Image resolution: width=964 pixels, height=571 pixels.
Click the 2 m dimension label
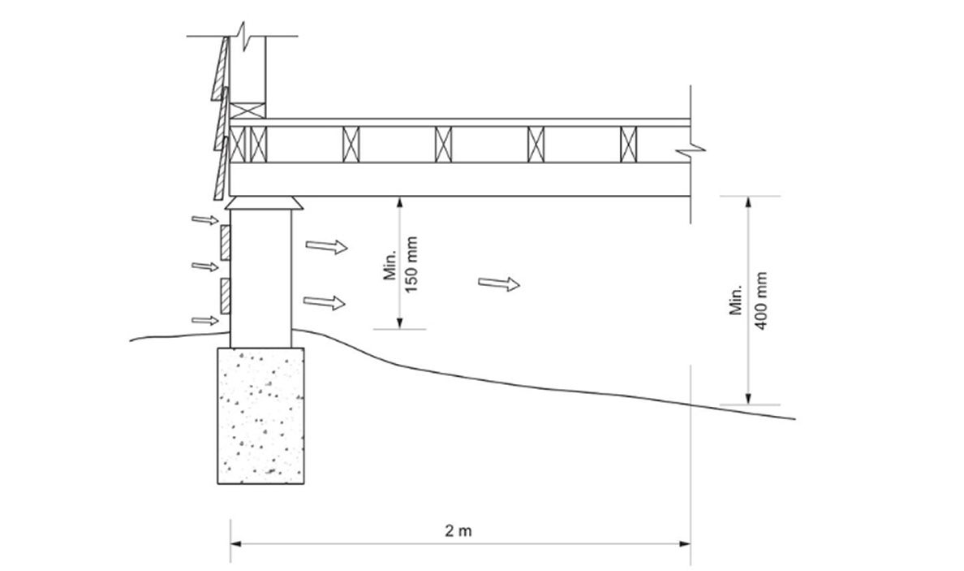[x=458, y=532]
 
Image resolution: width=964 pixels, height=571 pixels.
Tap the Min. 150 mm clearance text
[x=401, y=264]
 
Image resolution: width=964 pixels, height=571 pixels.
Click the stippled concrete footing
[x=260, y=414]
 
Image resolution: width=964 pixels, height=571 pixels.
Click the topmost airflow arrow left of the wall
[x=204, y=219]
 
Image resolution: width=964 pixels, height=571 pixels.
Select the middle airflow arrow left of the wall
[x=204, y=266]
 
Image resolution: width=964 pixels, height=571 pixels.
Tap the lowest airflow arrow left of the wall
[x=205, y=320]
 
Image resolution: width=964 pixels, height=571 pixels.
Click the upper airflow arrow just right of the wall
[x=326, y=246]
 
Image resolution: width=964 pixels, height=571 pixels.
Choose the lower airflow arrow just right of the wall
[x=325, y=302]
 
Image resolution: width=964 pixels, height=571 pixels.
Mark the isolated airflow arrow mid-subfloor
[x=499, y=283]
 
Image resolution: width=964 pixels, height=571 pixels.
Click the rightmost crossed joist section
[x=629, y=145]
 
